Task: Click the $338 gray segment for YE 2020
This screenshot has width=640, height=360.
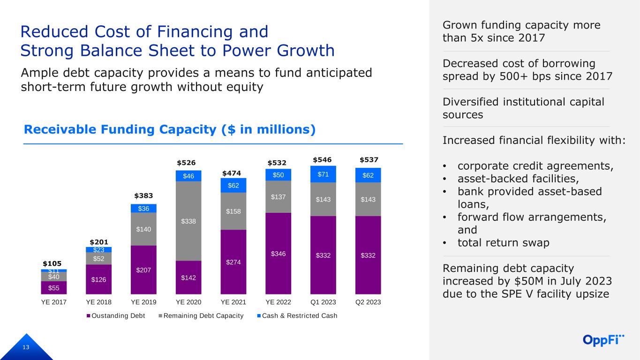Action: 188,221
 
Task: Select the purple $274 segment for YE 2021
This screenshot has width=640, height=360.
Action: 233,262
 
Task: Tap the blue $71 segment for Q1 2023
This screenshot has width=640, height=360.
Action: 323,174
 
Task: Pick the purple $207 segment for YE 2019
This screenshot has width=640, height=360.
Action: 143,270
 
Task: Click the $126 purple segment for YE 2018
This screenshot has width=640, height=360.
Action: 98,279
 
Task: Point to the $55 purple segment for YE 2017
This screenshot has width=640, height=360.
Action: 54,288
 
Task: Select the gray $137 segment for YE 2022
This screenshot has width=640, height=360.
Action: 279,196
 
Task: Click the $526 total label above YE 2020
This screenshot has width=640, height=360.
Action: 186,163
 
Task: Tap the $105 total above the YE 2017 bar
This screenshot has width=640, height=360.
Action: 52,263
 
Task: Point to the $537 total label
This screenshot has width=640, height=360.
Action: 369,160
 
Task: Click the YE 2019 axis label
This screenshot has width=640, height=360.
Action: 143,302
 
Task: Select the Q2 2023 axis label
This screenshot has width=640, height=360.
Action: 368,302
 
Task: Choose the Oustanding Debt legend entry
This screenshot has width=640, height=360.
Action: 116,316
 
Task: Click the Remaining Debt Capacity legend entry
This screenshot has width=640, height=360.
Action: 201,316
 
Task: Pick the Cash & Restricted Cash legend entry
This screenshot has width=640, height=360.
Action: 297,316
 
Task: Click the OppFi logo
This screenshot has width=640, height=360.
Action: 603,340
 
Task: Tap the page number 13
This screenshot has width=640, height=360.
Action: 26,347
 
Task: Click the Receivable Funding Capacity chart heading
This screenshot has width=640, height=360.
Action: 170,129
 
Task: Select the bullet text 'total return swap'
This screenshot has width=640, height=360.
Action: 504,243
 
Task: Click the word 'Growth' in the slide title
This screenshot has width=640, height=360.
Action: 305,51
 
